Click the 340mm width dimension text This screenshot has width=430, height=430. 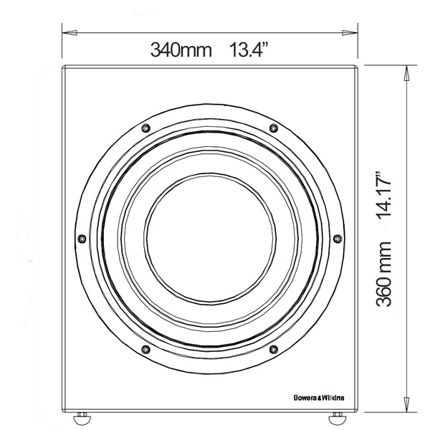pyautogui.click(x=181, y=51)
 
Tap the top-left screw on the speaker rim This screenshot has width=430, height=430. pyautogui.click(x=145, y=128)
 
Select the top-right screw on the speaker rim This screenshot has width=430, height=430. pyautogui.click(x=273, y=128)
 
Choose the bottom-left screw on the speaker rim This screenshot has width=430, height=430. pyautogui.click(x=145, y=349)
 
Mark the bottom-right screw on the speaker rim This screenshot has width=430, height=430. pyautogui.click(x=273, y=349)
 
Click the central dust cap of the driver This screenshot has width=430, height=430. pyautogui.click(x=209, y=238)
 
